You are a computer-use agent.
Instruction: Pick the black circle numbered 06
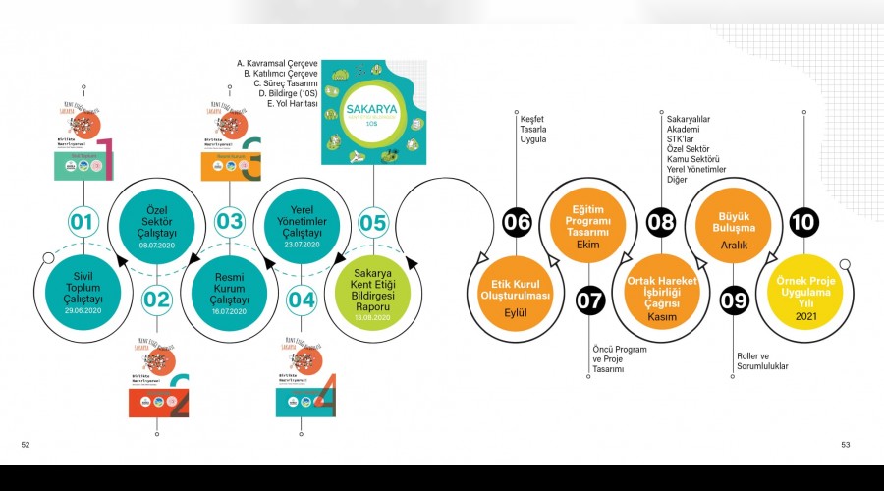(x=517, y=222)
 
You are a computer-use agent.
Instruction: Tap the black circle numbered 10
(x=803, y=222)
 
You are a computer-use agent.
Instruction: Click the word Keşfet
(x=532, y=118)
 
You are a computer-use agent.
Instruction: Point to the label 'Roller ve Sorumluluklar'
(x=762, y=361)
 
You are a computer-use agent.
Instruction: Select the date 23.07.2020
(x=302, y=244)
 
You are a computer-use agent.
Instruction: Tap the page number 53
(x=845, y=445)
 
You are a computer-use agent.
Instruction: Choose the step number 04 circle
(x=302, y=299)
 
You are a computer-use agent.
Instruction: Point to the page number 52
(x=27, y=445)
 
